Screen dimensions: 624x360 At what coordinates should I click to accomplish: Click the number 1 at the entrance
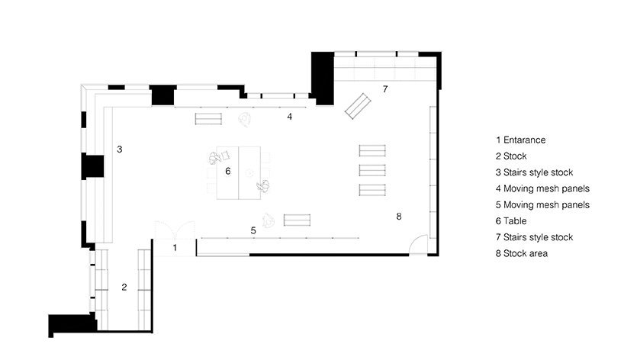[175, 248]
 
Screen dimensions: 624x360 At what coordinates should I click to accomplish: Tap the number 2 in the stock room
[124, 287]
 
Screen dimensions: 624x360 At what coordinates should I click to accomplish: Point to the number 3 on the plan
[120, 149]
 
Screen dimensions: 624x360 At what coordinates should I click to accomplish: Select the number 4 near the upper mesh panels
[290, 117]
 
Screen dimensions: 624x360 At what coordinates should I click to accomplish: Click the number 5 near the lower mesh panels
[253, 230]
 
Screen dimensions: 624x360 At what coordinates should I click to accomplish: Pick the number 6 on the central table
[227, 171]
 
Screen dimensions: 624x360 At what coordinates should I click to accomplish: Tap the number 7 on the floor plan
[385, 89]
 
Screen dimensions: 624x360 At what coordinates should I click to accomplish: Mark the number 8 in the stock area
[399, 217]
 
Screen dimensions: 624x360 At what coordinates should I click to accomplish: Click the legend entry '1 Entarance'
[520, 140]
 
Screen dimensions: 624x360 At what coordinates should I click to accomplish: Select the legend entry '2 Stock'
[511, 156]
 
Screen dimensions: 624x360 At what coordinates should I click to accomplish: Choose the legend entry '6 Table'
[511, 221]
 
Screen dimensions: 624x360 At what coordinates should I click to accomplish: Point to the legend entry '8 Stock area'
[522, 253]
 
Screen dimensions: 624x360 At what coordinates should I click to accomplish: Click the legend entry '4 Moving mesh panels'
[543, 188]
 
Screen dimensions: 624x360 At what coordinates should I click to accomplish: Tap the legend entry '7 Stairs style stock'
[535, 237]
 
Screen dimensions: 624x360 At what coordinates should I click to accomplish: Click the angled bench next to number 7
[358, 106]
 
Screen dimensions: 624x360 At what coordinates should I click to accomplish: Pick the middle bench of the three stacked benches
[372, 170]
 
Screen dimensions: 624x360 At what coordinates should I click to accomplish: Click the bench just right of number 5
[297, 220]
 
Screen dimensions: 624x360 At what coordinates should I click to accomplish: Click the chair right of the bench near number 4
[245, 119]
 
